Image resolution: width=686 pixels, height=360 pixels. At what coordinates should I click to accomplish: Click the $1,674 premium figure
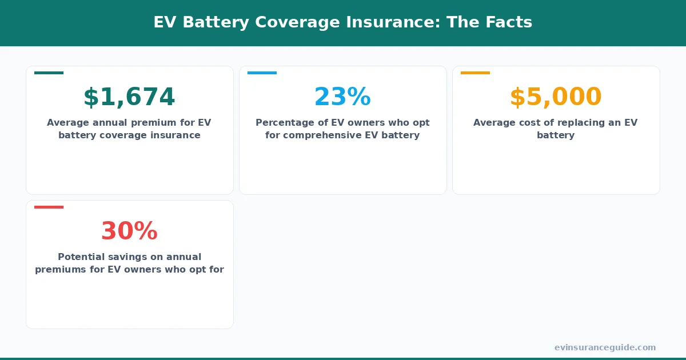click(x=129, y=97)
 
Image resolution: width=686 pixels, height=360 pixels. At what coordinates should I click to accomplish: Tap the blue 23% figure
click(x=342, y=97)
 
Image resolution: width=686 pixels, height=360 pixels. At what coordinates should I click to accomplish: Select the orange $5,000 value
click(x=556, y=97)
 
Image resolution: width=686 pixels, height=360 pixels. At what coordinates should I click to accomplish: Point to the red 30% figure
click(x=129, y=231)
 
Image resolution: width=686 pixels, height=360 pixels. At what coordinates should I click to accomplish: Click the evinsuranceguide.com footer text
click(x=605, y=347)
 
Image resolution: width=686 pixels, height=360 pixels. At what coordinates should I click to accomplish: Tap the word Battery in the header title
click(x=221, y=22)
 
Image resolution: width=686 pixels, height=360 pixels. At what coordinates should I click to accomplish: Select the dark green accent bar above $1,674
click(x=49, y=73)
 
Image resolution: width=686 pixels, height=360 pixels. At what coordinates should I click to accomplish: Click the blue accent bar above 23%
click(x=262, y=73)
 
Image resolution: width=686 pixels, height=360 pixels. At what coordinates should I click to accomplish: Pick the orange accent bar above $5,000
click(x=475, y=73)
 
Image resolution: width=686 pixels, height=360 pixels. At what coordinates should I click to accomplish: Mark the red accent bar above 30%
click(x=49, y=207)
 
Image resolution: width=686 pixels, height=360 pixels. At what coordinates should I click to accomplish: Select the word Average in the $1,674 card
click(x=67, y=123)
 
